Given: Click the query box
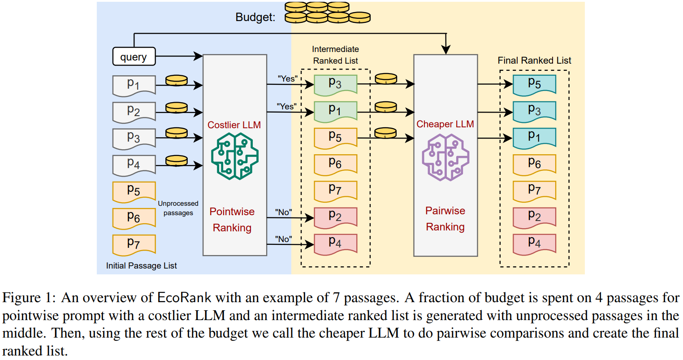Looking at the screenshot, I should (x=134, y=57).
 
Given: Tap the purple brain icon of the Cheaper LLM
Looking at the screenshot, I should (x=445, y=157).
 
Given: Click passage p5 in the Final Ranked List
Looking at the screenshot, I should (x=534, y=84).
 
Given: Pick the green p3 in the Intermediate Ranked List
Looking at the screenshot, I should (x=335, y=84).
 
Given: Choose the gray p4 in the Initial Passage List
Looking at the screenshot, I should (x=134, y=164).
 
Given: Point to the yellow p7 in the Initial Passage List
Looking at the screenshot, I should (x=134, y=244).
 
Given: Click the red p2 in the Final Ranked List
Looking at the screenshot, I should (x=534, y=217).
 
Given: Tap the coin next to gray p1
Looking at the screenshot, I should (x=177, y=81).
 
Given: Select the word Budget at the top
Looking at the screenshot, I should (x=255, y=17).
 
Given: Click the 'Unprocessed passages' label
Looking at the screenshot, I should (x=178, y=208).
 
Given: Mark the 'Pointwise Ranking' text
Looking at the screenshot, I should (x=232, y=220).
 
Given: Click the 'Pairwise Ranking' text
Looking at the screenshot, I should (x=445, y=219).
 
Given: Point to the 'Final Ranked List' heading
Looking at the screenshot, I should (x=534, y=61).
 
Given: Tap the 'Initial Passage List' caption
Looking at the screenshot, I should (x=141, y=266).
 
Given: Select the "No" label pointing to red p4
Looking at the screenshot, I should (x=283, y=239).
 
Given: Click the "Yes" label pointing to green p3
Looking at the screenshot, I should (x=287, y=79).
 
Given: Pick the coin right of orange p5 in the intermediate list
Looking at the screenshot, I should (x=385, y=133).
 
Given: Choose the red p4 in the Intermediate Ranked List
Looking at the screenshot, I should (x=335, y=243).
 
